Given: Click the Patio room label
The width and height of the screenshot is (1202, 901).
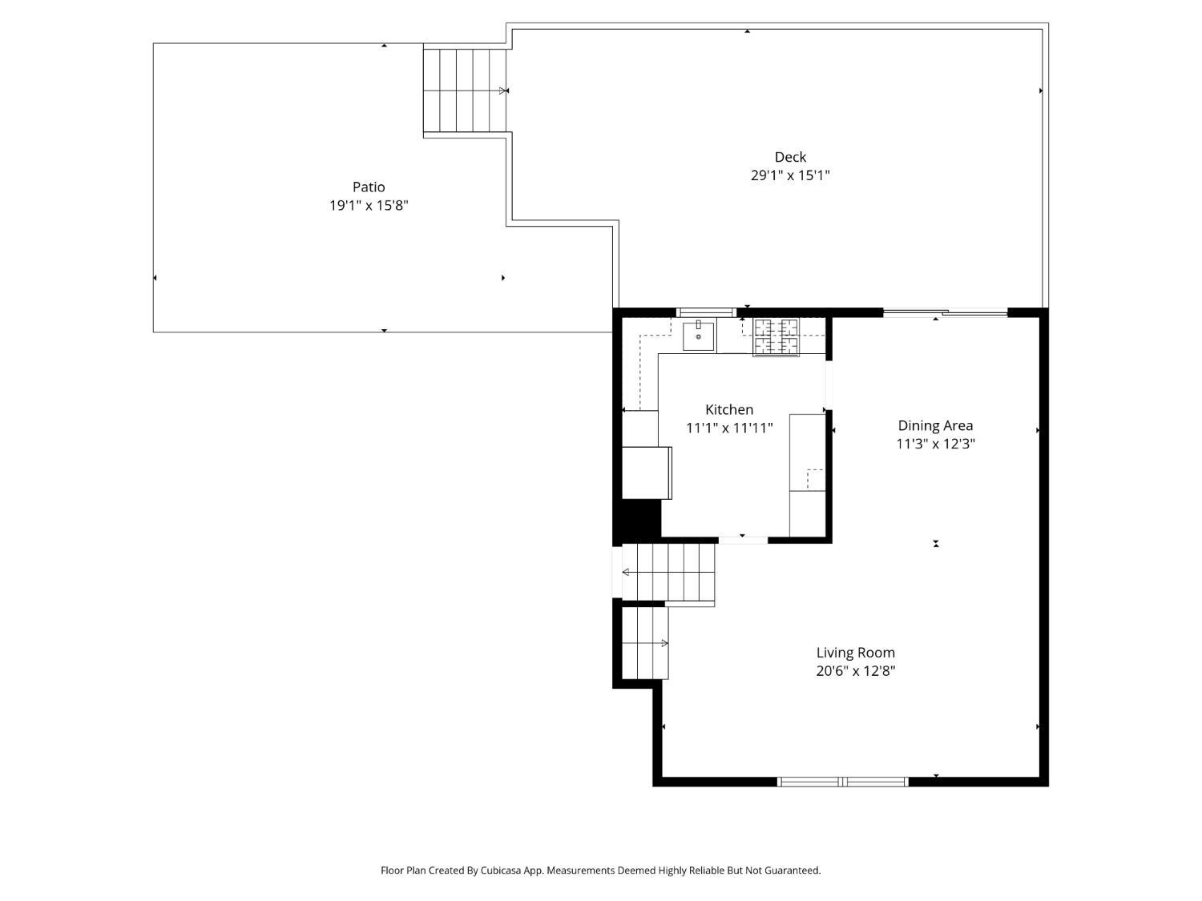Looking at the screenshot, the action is [369, 187].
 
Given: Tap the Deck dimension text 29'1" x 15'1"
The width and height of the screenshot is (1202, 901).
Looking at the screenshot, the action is [790, 175].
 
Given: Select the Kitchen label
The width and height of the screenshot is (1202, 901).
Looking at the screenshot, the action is [729, 410].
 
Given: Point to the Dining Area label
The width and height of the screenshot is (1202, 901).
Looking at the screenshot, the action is [935, 425].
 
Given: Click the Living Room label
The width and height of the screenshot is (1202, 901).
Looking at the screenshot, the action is [855, 653].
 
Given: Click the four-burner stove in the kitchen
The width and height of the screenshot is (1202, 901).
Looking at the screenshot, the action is [776, 336].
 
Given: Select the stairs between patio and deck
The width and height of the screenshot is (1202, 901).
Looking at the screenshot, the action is [465, 91].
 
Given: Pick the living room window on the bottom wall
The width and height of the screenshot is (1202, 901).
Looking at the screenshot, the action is [843, 782].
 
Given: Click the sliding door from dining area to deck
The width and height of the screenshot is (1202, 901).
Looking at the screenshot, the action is [945, 313].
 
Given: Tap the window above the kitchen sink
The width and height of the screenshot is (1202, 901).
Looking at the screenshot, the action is [706, 312].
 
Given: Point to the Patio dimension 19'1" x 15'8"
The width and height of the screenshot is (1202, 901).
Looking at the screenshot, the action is [369, 206].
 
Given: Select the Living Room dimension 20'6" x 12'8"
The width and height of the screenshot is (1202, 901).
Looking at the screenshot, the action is [855, 671].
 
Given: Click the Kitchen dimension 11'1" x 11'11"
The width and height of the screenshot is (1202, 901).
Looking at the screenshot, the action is [729, 428].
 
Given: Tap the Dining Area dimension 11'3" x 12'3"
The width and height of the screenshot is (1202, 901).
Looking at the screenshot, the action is [935, 444].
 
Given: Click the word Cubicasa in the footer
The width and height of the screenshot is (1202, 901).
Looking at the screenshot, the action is [501, 871].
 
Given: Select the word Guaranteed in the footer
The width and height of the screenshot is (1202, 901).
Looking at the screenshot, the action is [793, 871].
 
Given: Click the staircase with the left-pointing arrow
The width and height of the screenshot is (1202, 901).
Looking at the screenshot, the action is [668, 572].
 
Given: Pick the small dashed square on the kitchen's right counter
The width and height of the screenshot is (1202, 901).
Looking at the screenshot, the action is [815, 479].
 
